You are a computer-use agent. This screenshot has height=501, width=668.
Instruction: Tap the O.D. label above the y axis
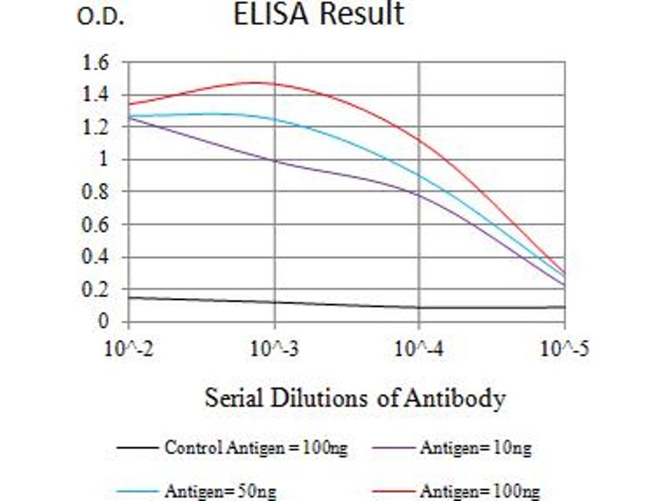click(x=100, y=18)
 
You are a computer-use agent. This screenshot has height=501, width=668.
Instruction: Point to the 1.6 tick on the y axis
click(x=97, y=62)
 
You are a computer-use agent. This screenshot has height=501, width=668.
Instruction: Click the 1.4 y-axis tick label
click(x=97, y=94)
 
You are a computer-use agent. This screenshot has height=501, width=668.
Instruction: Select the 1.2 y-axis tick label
click(x=97, y=127)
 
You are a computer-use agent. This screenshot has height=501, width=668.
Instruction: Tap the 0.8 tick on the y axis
click(x=97, y=191)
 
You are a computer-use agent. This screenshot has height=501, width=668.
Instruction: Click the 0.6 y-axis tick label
click(x=97, y=224)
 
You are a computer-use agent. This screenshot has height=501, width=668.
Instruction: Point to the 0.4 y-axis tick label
click(x=97, y=256)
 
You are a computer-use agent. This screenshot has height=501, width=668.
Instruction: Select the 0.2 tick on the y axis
click(x=97, y=289)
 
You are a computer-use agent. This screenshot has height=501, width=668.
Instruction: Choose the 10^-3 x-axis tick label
click(x=276, y=349)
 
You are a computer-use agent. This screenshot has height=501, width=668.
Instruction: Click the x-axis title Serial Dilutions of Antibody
click(x=355, y=399)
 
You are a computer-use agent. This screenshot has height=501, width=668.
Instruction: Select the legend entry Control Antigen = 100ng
click(x=255, y=448)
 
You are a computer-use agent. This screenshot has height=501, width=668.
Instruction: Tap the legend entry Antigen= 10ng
click(x=474, y=448)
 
